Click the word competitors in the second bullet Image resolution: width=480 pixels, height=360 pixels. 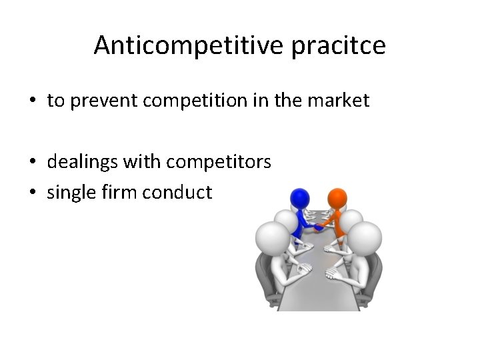click(x=219, y=162)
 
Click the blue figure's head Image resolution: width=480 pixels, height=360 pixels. click(x=300, y=198)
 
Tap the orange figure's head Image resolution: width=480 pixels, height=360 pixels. click(x=337, y=198)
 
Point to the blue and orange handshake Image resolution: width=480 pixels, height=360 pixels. click(x=319, y=227)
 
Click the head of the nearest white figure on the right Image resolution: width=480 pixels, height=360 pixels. click(x=365, y=239)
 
